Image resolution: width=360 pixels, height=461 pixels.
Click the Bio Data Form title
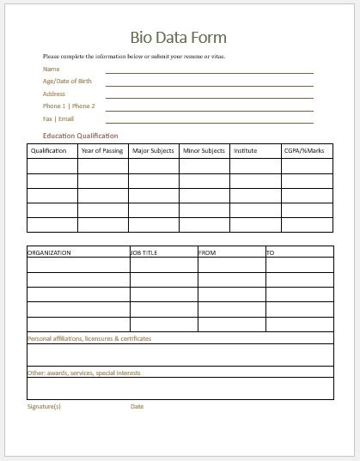point(179,38)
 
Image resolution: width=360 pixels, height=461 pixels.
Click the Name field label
point(52,69)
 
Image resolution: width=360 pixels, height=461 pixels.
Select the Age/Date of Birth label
point(66,81)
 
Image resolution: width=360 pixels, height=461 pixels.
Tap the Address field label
point(54,93)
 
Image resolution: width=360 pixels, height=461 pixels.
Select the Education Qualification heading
point(80,136)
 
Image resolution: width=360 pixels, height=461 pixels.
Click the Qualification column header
point(48,151)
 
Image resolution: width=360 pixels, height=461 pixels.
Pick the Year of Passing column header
point(101,151)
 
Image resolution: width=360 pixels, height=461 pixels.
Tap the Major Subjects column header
point(153,151)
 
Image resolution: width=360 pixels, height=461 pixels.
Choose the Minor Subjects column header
point(204,151)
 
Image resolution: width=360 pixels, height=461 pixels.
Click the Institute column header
point(246,151)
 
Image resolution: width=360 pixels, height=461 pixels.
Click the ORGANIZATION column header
point(49,253)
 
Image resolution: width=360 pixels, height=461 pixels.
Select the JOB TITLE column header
point(146,253)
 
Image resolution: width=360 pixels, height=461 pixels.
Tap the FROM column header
point(207,253)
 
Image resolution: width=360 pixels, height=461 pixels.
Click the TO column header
point(270,253)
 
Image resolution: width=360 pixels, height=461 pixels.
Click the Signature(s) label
point(45,406)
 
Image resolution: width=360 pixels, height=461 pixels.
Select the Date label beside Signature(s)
point(137,406)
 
